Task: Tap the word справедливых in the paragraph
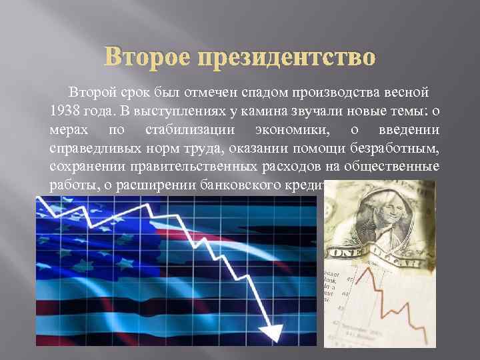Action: pos(90,147)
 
